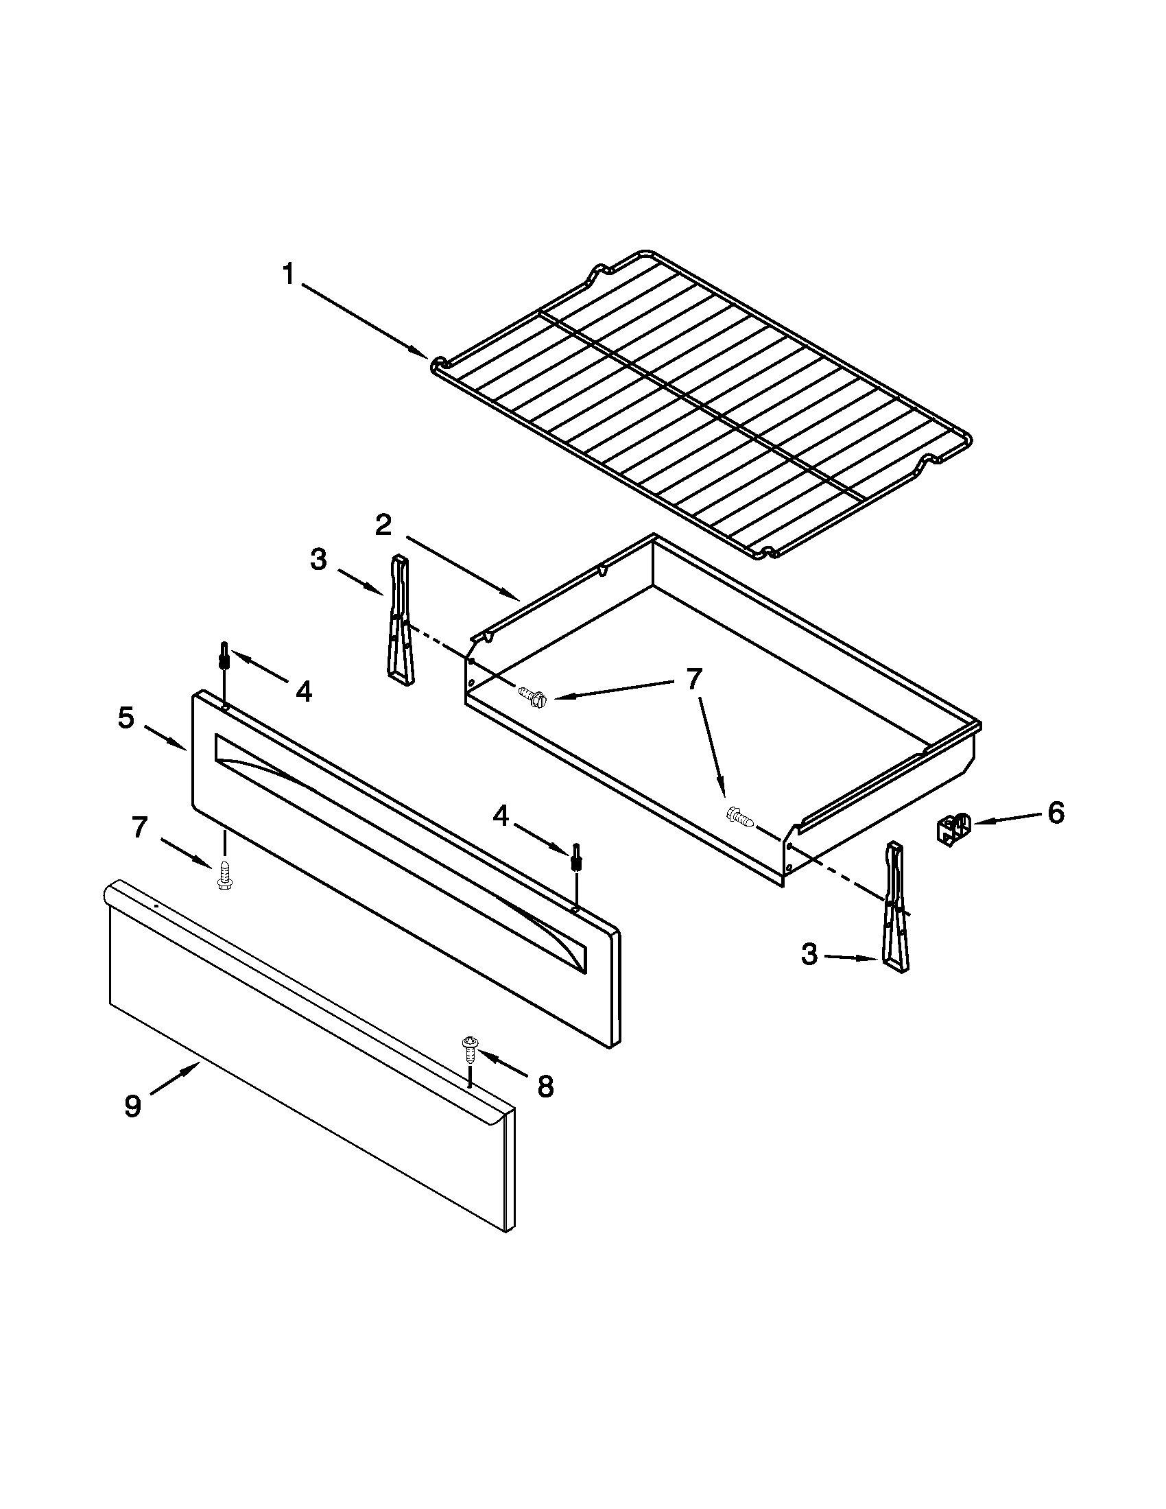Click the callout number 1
point(289,275)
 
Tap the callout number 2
point(384,526)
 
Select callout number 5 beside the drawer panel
point(126,718)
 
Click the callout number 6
point(1056,813)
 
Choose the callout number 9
point(132,1106)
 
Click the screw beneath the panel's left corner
point(223,875)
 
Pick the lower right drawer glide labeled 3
point(894,908)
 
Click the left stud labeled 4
point(224,655)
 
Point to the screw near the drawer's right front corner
point(740,817)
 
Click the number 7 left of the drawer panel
point(140,827)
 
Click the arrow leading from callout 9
point(173,1080)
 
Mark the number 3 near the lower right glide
point(809,955)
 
